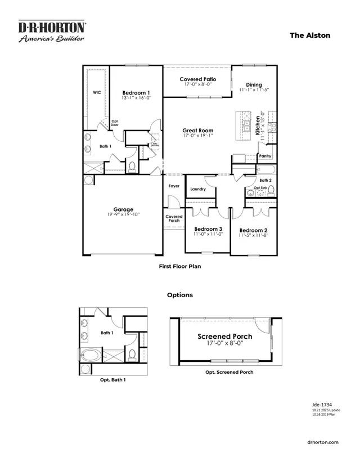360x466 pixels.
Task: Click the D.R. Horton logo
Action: click(52, 32)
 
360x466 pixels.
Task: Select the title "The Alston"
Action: click(310, 35)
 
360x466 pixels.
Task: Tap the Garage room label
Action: click(123, 209)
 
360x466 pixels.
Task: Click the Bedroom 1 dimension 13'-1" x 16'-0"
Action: click(136, 98)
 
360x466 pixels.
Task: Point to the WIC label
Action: click(96, 92)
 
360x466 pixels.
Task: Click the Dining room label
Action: click(254, 84)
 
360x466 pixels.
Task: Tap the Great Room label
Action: click(197, 131)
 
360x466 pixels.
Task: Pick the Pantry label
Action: click(265, 155)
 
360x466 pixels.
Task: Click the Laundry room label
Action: click(197, 189)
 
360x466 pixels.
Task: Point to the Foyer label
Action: click(174, 186)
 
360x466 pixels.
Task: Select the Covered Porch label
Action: click(174, 218)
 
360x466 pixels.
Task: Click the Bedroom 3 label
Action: click(208, 229)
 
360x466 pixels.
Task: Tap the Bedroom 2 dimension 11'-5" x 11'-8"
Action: click(253, 236)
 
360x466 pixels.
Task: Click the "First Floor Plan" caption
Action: click(179, 267)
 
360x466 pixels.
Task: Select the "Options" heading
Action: click(179, 295)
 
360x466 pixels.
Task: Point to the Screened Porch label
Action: click(224, 337)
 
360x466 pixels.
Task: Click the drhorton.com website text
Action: click(324, 442)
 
